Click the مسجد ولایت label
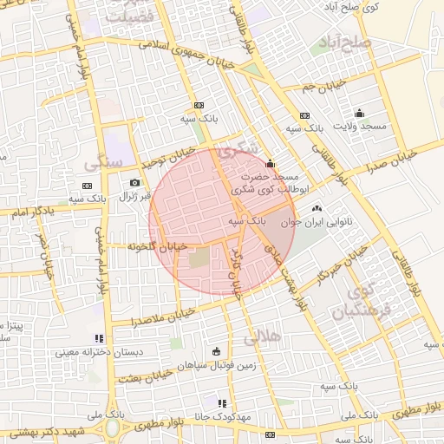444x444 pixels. (x=362, y=127)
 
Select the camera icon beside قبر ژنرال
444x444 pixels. (x=134, y=182)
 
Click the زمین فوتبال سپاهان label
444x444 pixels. (x=216, y=366)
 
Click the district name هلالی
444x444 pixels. (x=263, y=335)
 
